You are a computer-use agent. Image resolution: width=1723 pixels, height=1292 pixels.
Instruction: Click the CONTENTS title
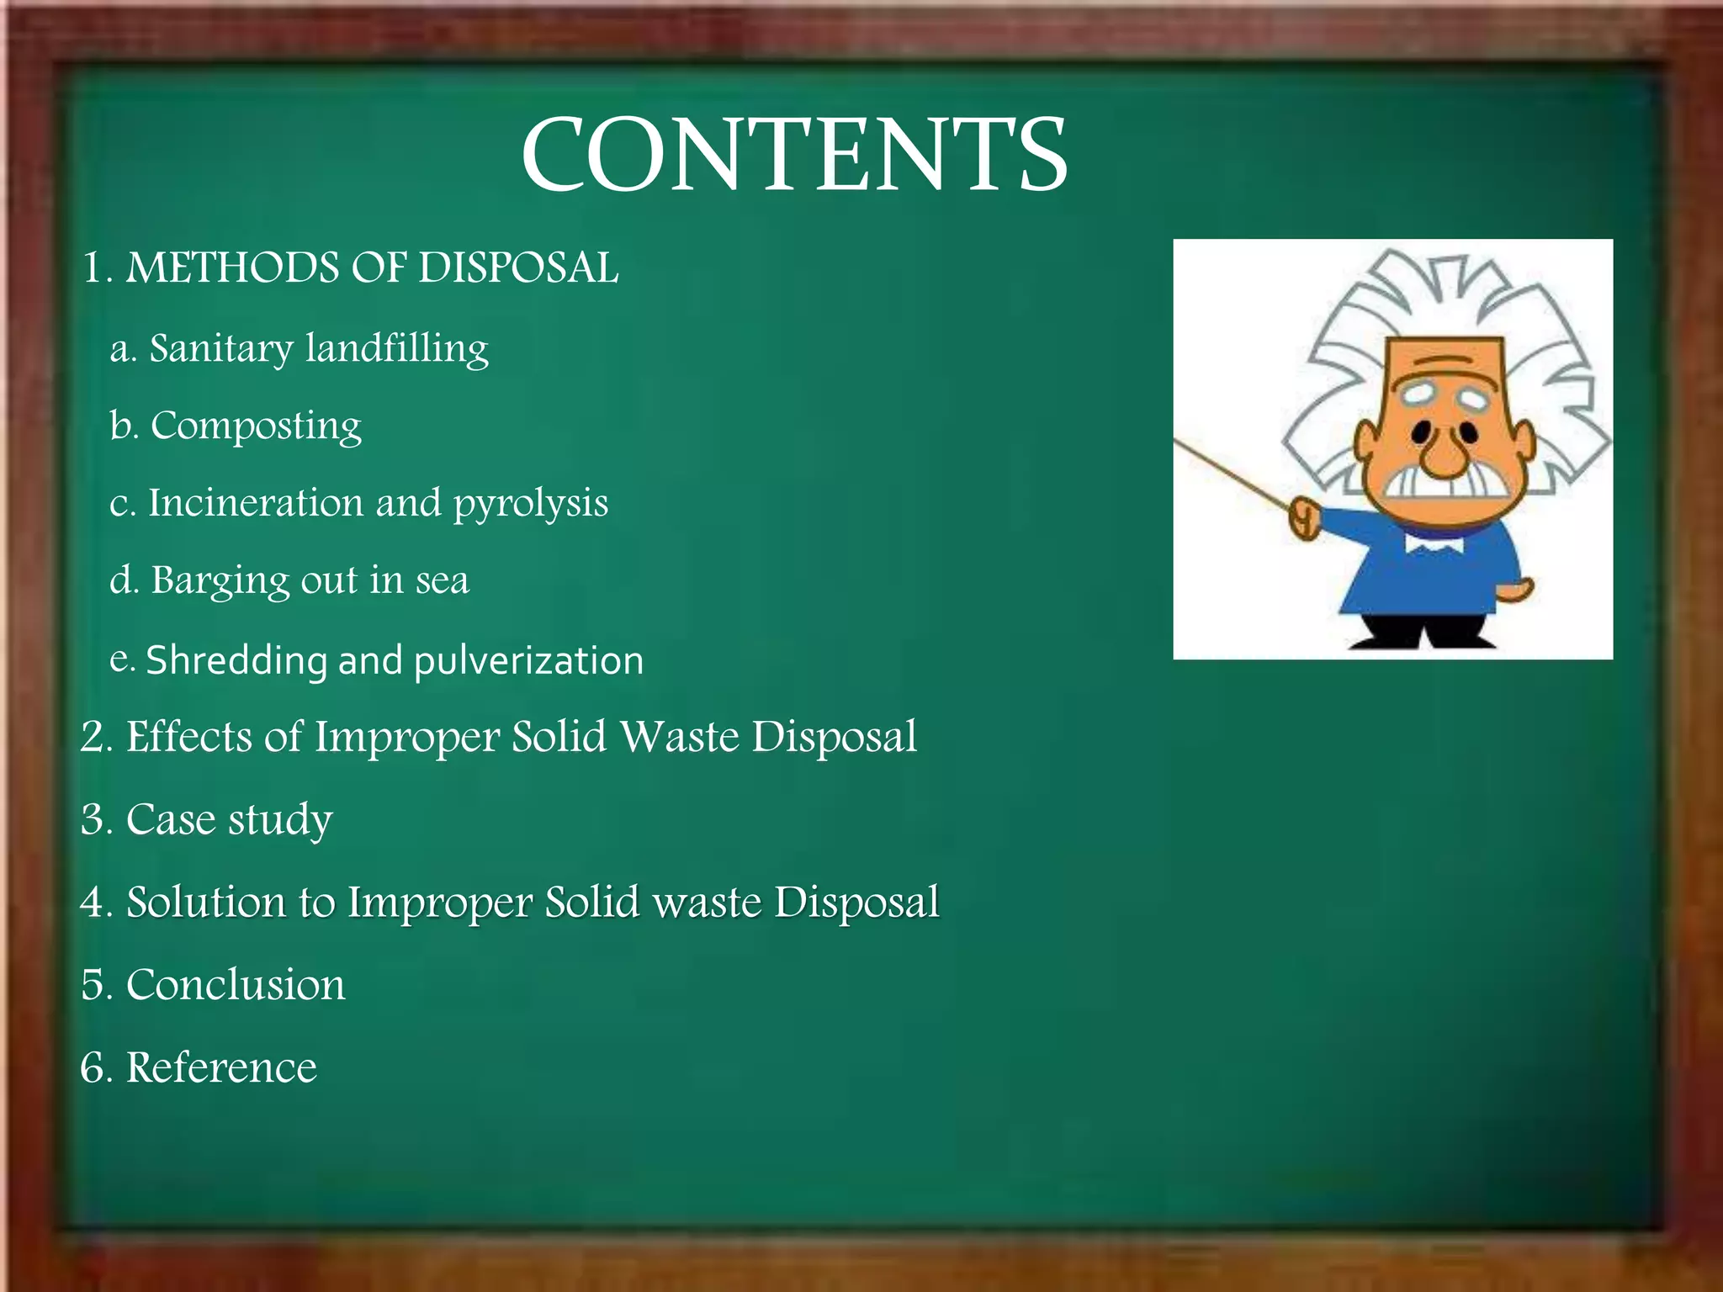[x=794, y=156]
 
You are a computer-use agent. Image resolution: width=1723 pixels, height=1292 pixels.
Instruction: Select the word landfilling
[x=396, y=348]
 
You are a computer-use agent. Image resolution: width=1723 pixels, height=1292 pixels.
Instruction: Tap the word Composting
[x=256, y=426]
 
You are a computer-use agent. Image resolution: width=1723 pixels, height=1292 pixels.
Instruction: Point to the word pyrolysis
[x=530, y=504]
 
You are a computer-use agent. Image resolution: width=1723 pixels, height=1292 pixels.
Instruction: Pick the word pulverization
[x=528, y=661]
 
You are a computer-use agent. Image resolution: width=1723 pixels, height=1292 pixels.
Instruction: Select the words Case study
[x=229, y=819]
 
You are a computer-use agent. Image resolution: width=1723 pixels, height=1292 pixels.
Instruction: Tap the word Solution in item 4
[x=205, y=902]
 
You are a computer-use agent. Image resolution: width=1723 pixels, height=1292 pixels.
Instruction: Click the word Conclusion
[x=236, y=985]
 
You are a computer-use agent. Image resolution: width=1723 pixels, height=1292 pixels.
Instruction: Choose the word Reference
[x=221, y=1067]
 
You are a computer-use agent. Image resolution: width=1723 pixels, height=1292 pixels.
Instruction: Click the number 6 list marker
[x=95, y=1067]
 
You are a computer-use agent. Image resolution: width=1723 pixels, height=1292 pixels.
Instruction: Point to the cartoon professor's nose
[x=1444, y=455]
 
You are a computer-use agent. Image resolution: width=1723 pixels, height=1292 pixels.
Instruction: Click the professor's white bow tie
[x=1434, y=546]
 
